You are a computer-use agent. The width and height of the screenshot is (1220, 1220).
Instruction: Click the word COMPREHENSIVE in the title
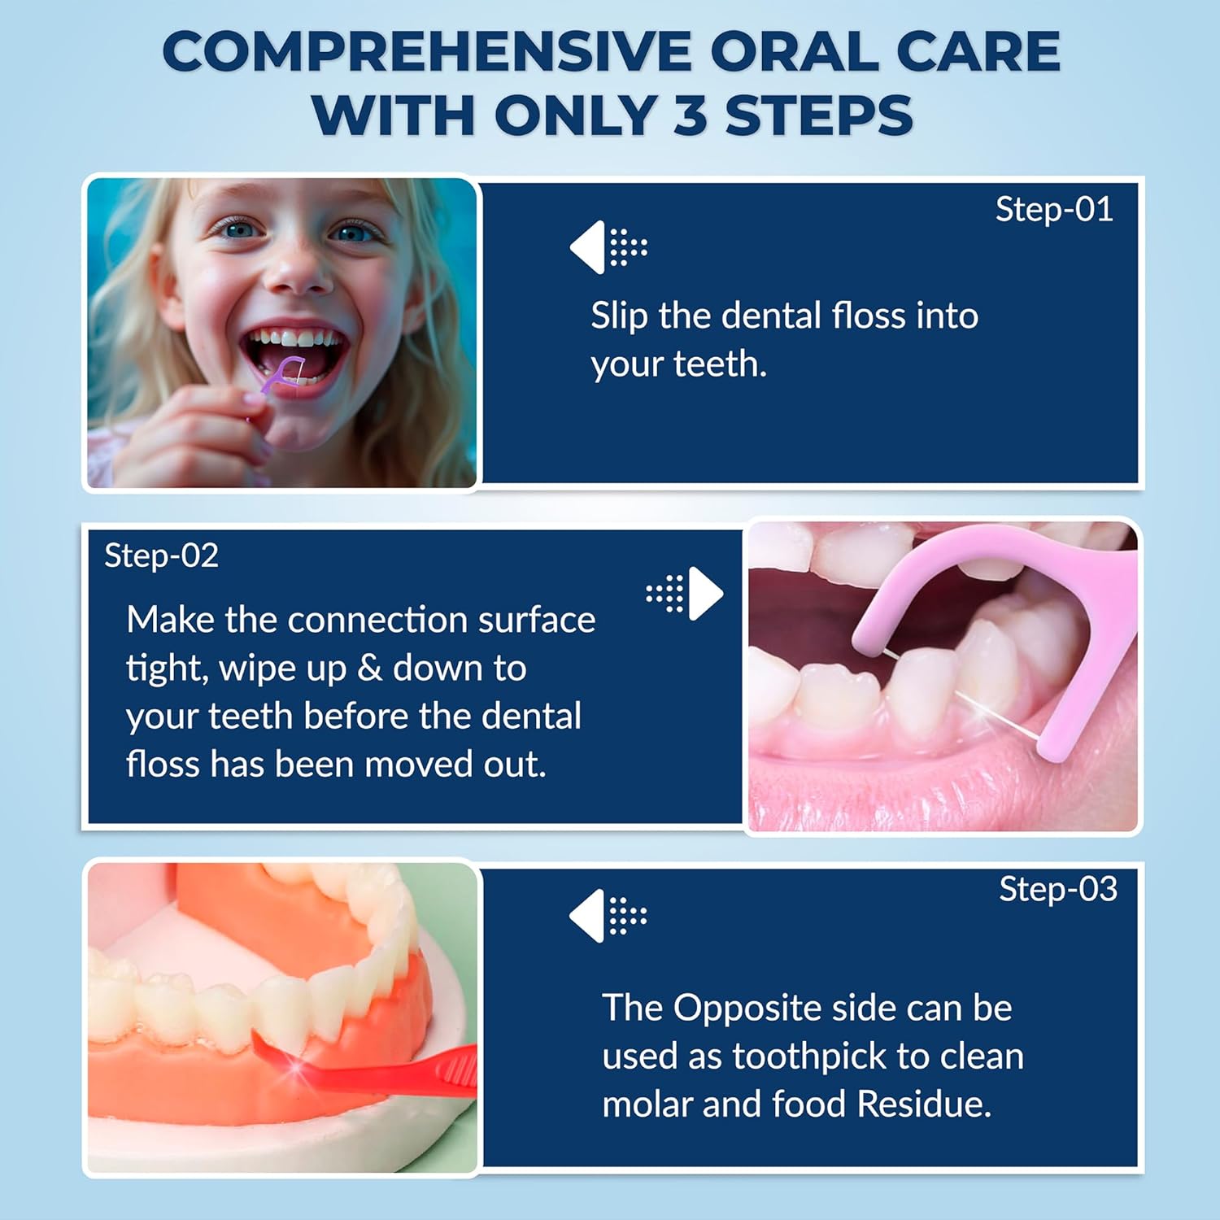(x=428, y=52)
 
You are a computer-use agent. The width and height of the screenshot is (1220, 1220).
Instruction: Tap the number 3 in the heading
(x=691, y=115)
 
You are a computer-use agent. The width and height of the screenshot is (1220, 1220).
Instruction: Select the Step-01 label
(x=1054, y=211)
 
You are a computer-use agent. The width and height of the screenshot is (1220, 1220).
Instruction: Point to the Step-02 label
(x=162, y=556)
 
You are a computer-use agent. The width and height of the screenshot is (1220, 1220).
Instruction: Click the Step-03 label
(x=1058, y=890)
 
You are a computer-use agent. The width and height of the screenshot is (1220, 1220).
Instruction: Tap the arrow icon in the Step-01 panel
(x=608, y=247)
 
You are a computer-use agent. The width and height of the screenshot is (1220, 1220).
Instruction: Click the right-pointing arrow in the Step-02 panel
(x=685, y=593)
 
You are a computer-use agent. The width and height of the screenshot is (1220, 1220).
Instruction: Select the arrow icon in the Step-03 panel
(x=608, y=916)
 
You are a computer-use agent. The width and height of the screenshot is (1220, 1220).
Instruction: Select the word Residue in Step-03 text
(x=924, y=1105)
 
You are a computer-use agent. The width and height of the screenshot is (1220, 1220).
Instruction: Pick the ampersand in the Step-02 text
(x=369, y=669)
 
